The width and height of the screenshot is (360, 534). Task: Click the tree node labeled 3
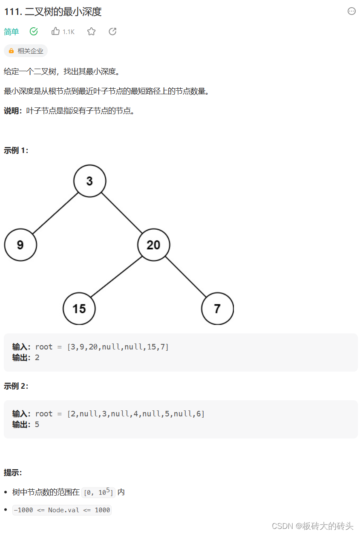[89, 181]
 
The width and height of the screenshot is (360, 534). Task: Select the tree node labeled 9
[20, 245]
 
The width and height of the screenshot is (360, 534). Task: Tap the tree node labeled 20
[153, 245]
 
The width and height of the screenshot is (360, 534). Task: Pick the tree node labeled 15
[79, 309]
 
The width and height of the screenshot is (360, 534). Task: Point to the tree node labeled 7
[217, 309]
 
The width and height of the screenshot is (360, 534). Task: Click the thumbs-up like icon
[55, 31]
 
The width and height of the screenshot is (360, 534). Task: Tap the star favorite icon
[91, 31]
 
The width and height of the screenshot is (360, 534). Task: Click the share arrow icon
[112, 31]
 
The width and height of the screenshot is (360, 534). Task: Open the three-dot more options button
[351, 12]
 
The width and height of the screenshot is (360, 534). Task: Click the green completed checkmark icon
[34, 31]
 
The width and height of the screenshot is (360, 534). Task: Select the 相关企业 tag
[26, 51]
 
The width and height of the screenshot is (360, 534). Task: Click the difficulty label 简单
[12, 32]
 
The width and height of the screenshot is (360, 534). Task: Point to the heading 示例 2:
[16, 386]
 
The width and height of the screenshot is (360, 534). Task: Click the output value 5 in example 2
[37, 424]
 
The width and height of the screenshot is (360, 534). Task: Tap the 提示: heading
[13, 473]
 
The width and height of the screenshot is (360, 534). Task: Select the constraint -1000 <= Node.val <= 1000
[62, 510]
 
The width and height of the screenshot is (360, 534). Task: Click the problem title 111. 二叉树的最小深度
[53, 12]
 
